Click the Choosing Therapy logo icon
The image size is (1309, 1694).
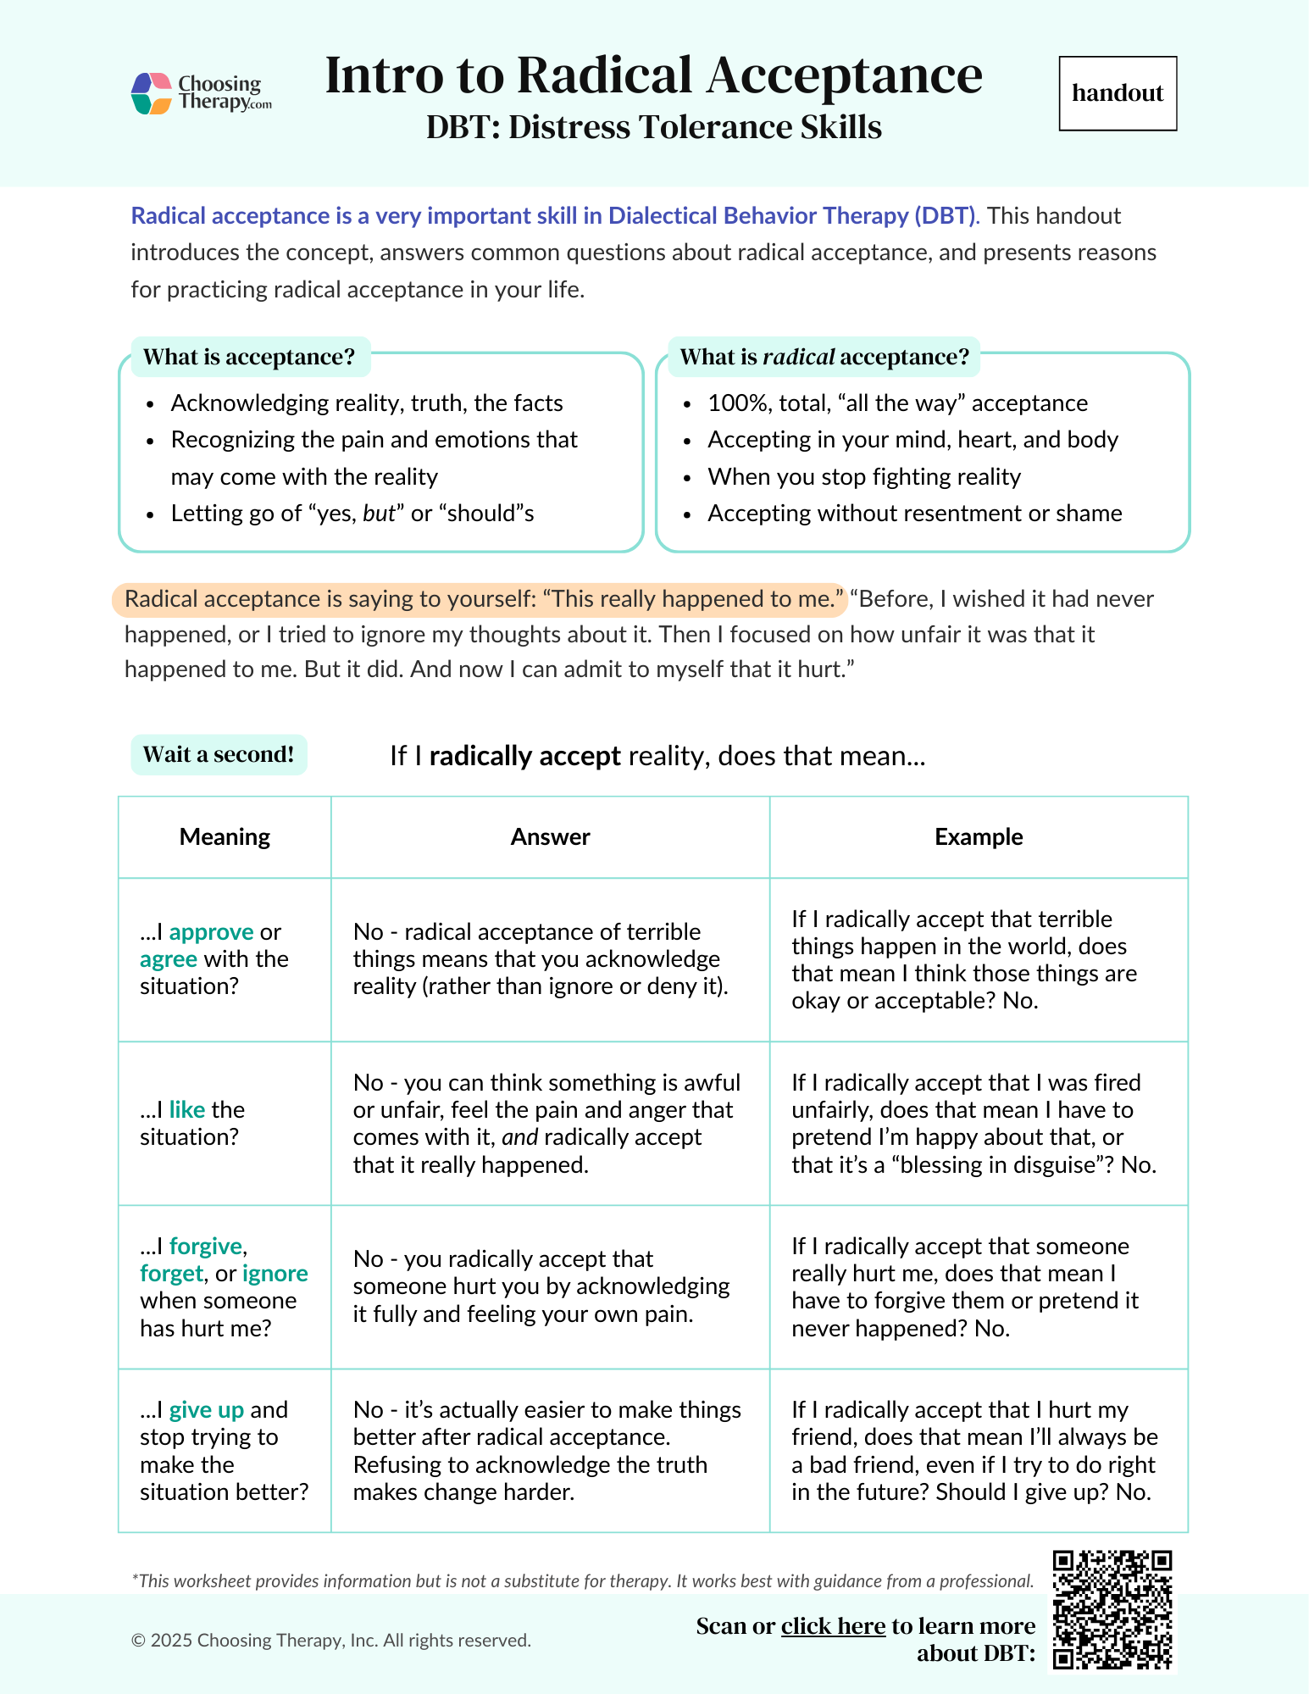[x=153, y=93]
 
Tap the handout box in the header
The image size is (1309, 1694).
[x=1118, y=93]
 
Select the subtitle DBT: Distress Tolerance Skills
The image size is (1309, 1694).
[x=653, y=127]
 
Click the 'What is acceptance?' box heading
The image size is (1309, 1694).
[x=249, y=357]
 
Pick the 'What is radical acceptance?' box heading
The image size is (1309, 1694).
[x=824, y=357]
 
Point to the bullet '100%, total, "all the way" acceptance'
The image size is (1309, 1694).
[x=897, y=403]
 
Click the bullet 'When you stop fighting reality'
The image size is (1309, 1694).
[x=863, y=476]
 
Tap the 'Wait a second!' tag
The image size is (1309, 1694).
[x=219, y=754]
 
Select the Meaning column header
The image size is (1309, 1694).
[x=225, y=836]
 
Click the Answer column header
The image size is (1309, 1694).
[x=550, y=836]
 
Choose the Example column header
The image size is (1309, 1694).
[x=979, y=836]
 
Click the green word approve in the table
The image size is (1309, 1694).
[x=211, y=932]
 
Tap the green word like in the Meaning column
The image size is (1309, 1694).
[x=187, y=1109]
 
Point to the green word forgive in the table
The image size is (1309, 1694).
[x=206, y=1246]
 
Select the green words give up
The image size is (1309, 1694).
[x=206, y=1409]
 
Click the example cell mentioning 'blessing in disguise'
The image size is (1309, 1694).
[x=973, y=1123]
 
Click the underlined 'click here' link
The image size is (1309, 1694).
[x=833, y=1625]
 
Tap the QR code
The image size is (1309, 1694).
[x=1112, y=1609]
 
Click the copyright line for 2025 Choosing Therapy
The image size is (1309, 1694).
[x=331, y=1640]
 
